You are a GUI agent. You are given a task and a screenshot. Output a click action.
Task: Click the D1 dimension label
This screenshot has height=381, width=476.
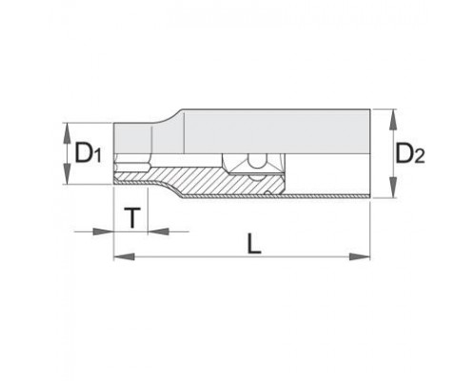coord(88,153)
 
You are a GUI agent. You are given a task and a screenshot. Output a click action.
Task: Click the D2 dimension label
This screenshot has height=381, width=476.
coord(410,153)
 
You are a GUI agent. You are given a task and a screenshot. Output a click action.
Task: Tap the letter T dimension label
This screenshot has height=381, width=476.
coord(132,218)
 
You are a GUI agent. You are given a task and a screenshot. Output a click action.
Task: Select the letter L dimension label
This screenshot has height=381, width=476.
coord(254,244)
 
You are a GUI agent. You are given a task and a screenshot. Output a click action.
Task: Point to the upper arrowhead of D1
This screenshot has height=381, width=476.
coord(67,132)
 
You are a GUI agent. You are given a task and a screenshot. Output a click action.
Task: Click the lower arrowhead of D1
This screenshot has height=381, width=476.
coord(67,174)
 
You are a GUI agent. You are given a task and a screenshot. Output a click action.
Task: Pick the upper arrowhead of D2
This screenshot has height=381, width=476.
coord(393,119)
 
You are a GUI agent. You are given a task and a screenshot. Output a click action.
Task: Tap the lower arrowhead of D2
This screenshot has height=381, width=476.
coord(393,188)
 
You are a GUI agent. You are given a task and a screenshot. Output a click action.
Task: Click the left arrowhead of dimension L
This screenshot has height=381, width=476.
coord(124,256)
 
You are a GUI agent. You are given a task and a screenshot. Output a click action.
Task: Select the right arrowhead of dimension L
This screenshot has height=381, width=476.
coord(360,256)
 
